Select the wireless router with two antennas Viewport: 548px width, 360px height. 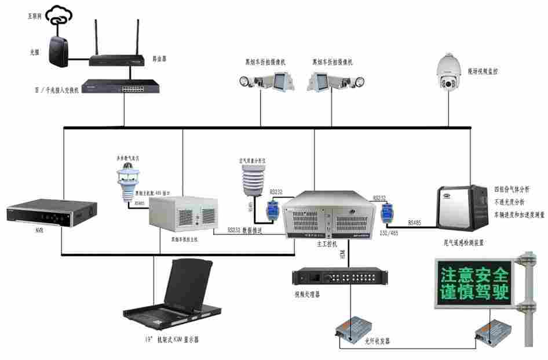[x=116, y=58]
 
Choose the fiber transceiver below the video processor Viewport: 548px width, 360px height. [x=349, y=332]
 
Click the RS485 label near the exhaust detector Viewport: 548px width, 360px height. [x=415, y=222]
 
